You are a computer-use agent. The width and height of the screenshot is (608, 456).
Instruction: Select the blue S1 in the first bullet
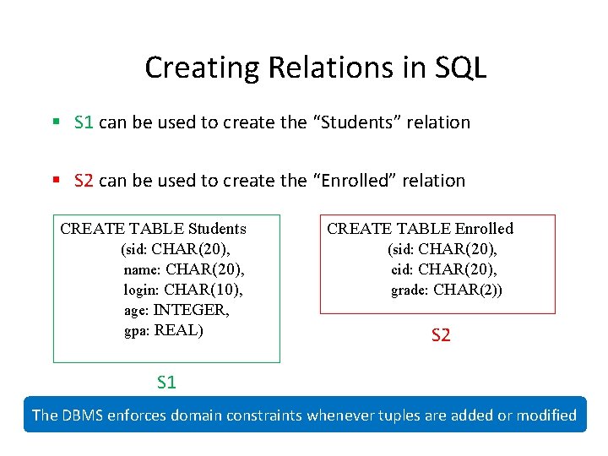point(84,122)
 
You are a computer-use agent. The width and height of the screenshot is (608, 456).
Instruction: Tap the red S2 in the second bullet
point(84,181)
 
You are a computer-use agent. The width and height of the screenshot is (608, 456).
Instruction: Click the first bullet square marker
point(56,122)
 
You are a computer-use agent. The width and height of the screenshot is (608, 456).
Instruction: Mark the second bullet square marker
point(56,181)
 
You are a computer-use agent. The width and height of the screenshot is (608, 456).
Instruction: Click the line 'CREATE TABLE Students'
point(154,229)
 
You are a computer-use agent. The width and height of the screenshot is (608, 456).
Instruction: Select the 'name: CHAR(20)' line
point(184,269)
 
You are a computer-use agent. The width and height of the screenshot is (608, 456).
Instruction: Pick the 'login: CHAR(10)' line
point(183,290)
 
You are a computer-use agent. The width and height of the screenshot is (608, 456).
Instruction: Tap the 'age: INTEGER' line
point(176,310)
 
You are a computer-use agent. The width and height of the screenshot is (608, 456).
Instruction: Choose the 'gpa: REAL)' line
point(164,330)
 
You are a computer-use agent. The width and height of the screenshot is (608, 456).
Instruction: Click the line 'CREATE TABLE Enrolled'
point(420,229)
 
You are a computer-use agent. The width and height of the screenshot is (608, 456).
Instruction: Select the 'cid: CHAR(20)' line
point(444,269)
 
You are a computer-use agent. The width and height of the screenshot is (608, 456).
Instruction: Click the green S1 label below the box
point(166,383)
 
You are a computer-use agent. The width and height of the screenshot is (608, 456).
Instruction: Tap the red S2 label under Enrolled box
point(441,335)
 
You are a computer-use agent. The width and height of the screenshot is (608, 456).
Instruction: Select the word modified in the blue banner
point(545,415)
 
